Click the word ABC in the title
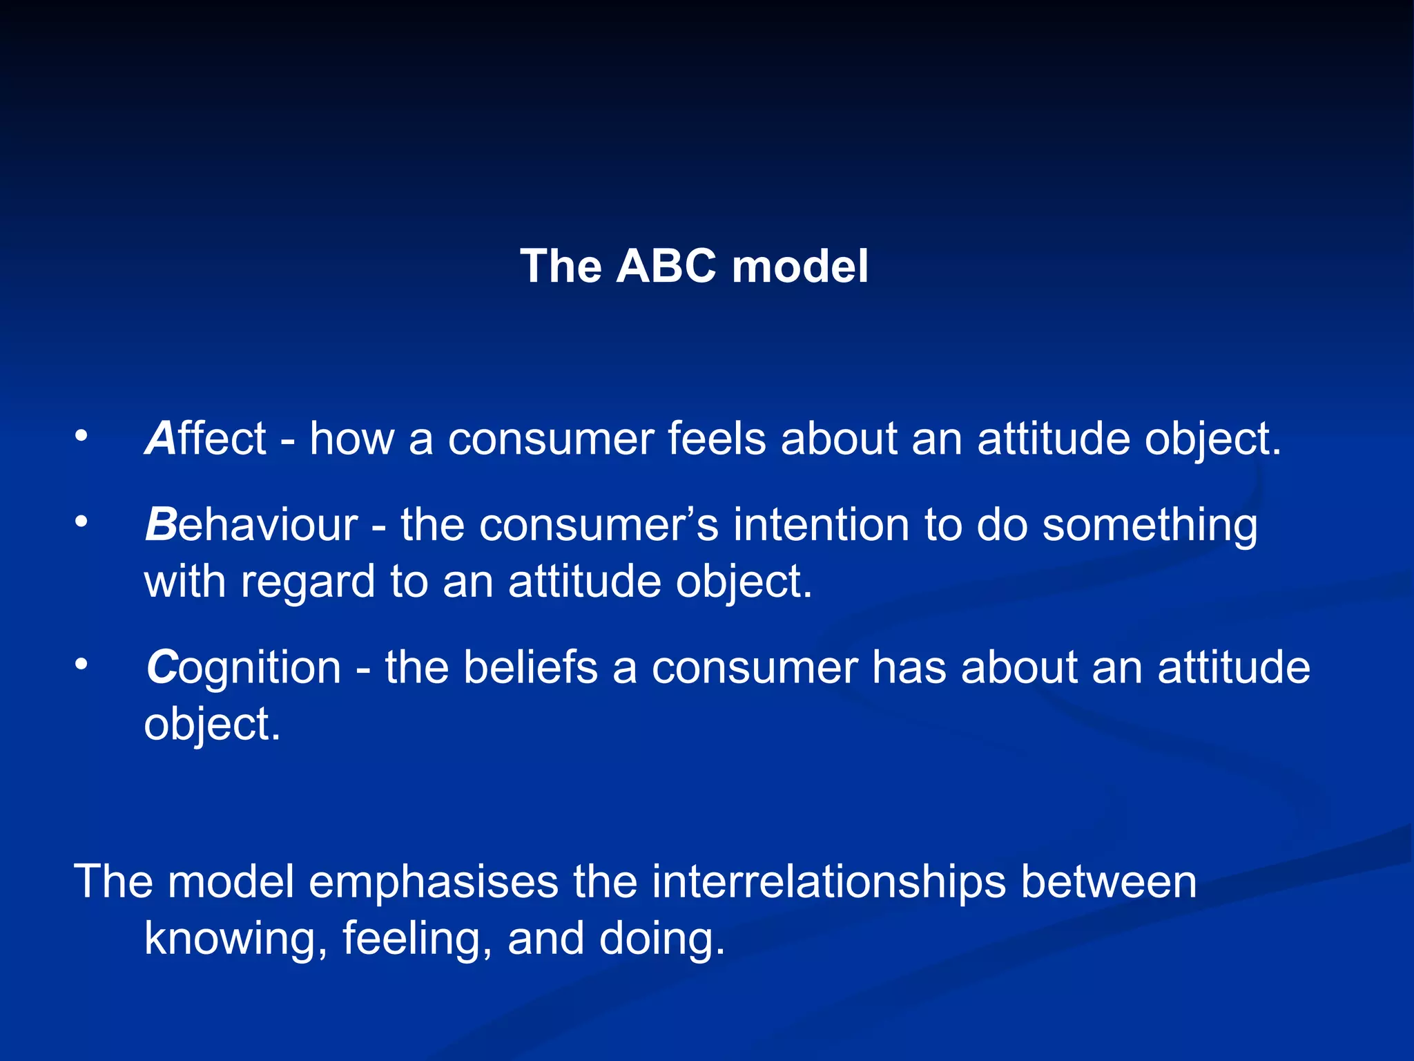(x=665, y=266)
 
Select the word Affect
(x=205, y=439)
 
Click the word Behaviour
(x=251, y=525)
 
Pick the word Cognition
(x=244, y=668)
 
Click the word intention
(x=821, y=525)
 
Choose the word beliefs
(x=530, y=668)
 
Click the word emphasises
(x=433, y=882)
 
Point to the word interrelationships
(x=829, y=882)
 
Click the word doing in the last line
(x=661, y=940)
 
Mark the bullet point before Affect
(x=81, y=436)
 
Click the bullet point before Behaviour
(x=81, y=522)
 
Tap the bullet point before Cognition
(x=81, y=665)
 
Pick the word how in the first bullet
(x=351, y=439)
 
